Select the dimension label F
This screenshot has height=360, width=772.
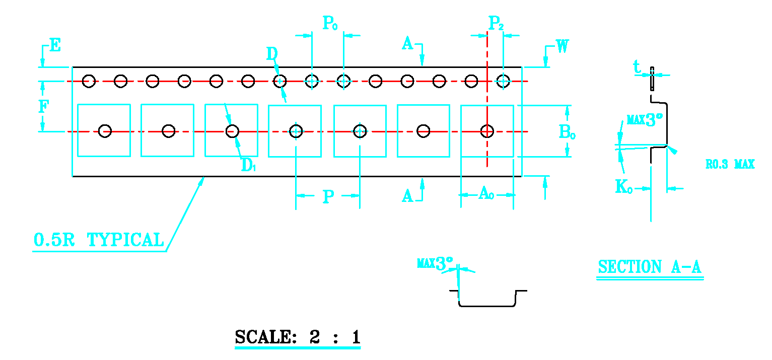[44, 107]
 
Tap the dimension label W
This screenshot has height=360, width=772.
[563, 46]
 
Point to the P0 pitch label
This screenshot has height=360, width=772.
[330, 23]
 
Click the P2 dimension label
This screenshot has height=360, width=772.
[496, 23]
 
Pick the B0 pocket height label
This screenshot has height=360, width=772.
[568, 132]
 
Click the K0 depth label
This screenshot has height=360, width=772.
[624, 187]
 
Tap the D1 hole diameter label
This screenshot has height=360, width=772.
[249, 165]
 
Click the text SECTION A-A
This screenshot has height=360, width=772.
[650, 267]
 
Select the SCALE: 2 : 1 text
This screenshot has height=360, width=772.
[298, 337]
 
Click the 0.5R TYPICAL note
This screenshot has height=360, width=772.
[99, 240]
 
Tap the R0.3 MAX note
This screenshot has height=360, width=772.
[730, 164]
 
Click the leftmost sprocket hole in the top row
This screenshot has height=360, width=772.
[89, 81]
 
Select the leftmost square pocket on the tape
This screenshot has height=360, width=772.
[104, 130]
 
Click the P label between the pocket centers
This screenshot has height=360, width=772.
[328, 196]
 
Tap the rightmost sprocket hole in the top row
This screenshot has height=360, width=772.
[503, 81]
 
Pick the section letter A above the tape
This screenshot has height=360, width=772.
[407, 44]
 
